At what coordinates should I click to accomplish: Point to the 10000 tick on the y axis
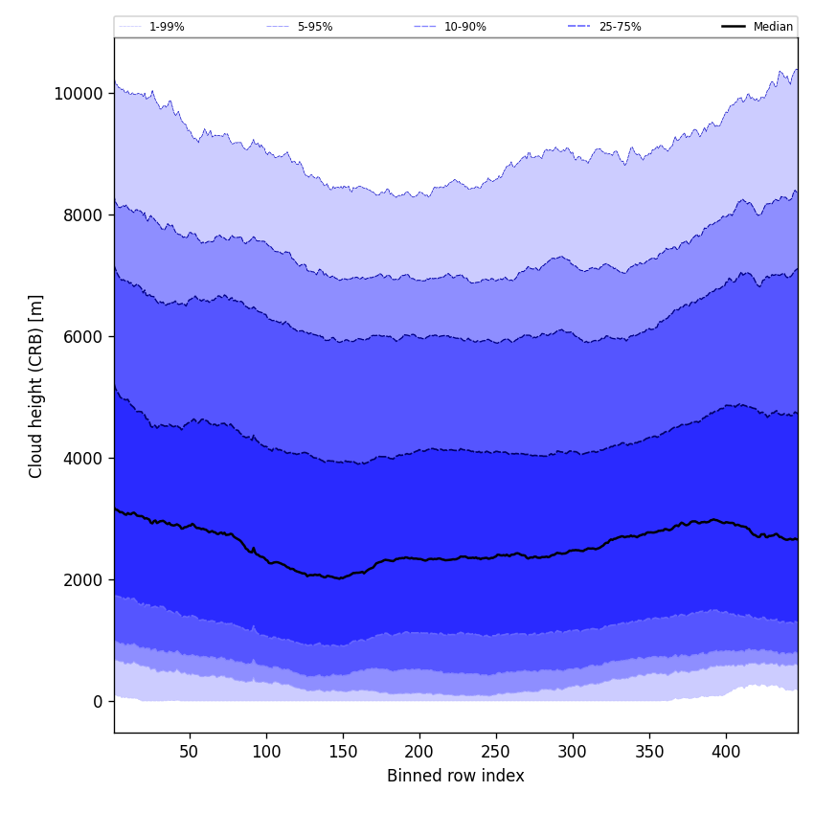78,94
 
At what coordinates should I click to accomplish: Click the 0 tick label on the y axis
98,702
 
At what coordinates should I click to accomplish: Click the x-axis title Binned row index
456,777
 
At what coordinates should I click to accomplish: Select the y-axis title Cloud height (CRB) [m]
36,386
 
